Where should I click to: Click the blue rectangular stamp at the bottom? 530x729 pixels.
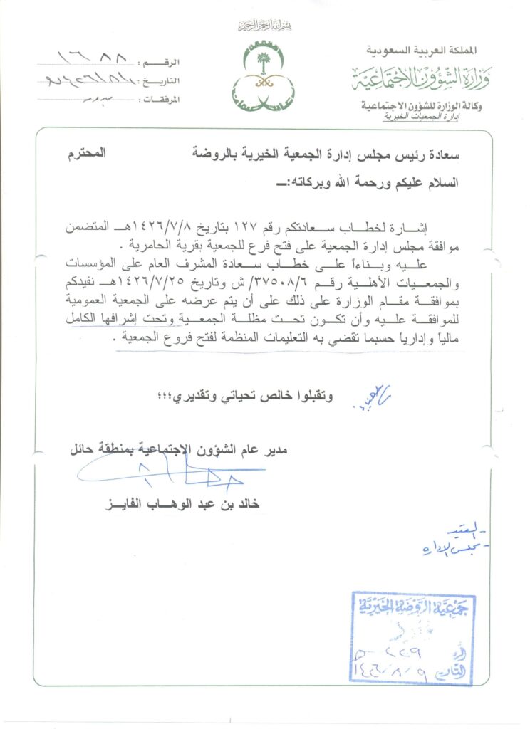click(413, 636)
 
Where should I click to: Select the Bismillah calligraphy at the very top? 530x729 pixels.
click(265, 26)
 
